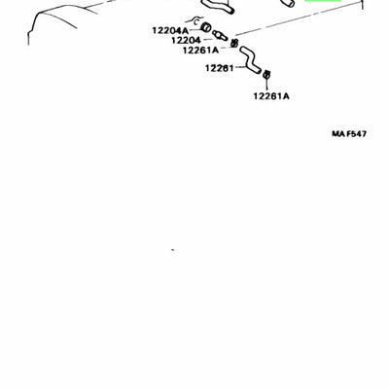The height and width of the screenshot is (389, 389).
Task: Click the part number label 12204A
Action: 170,30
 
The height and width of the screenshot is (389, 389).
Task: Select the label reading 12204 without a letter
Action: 186,40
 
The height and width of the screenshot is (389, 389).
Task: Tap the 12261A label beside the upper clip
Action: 200,51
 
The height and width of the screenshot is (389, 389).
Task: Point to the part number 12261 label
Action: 220,68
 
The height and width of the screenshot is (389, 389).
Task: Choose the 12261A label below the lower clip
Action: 271,96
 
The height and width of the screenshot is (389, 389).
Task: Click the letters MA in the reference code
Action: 337,133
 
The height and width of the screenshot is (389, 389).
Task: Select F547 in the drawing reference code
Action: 356,133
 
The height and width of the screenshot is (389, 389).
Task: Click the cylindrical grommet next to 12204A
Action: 206,27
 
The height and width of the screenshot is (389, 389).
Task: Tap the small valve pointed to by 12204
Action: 220,35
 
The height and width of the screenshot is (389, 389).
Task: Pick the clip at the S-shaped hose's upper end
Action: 234,43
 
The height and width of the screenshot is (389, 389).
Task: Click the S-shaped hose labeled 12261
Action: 250,59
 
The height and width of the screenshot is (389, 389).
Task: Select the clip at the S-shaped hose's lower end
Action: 266,74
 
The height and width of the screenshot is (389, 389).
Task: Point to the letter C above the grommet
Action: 195,22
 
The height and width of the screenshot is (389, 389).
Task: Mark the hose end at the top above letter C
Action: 218,7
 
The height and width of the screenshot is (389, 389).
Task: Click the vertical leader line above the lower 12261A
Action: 266,85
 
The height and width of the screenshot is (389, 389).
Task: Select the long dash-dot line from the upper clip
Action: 299,18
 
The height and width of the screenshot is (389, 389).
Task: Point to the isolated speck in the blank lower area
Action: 173,250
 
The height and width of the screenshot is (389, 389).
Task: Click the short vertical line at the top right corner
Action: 363,5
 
